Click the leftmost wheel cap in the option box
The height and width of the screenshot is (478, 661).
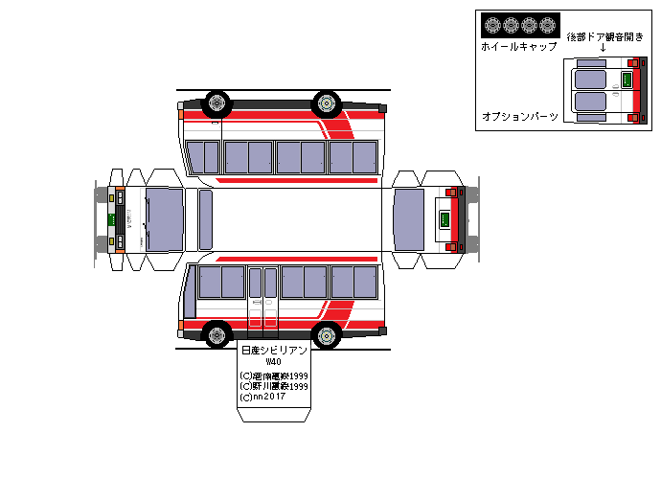[x=490, y=25]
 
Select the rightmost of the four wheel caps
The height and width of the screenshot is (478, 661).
[x=547, y=25]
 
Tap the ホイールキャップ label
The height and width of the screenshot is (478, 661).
[x=518, y=46]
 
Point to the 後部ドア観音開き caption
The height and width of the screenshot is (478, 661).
[x=604, y=36]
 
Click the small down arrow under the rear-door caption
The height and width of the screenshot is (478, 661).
[x=603, y=48]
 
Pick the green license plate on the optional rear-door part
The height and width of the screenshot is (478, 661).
[x=627, y=80]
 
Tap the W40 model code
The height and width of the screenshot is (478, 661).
[x=274, y=362]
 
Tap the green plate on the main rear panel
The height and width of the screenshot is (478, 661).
[x=444, y=220]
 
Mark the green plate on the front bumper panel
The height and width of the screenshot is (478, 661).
[x=111, y=219]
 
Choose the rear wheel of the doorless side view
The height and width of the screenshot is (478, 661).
[x=328, y=102]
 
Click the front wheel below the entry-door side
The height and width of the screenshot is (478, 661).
[x=218, y=335]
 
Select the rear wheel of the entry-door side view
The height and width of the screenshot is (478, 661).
[x=328, y=335]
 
